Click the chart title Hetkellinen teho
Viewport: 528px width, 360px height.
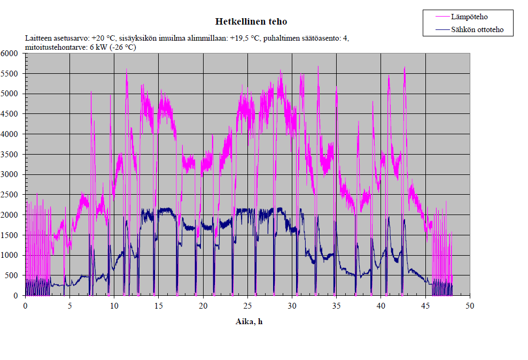pyautogui.click(x=251, y=22)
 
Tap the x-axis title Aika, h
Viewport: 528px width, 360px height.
pyautogui.click(x=249, y=321)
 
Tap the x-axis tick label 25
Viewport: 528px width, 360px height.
pyautogui.click(x=247, y=305)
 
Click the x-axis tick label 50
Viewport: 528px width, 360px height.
pyautogui.click(x=470, y=305)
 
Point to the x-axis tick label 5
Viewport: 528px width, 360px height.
pyautogui.click(x=69, y=305)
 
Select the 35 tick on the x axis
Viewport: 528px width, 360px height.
pyautogui.click(x=336, y=305)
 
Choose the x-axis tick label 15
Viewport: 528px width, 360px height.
pyautogui.click(x=158, y=305)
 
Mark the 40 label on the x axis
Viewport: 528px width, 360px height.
pyautogui.click(x=381, y=305)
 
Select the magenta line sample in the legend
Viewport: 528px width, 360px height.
pyautogui.click(x=441, y=17)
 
